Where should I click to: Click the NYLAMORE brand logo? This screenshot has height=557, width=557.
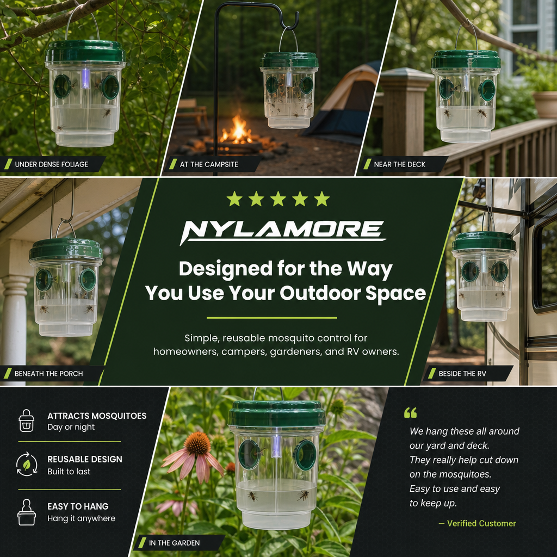pyautogui.click(x=283, y=232)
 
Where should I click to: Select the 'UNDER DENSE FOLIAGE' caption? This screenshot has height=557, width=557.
pyautogui.click(x=52, y=164)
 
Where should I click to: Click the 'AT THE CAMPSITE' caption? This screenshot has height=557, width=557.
pyautogui.click(x=209, y=164)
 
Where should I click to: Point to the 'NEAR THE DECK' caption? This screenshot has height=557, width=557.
pyautogui.click(x=400, y=164)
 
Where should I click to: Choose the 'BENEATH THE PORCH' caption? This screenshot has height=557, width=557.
pyautogui.click(x=48, y=374)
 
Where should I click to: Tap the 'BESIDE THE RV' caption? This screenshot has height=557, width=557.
pyautogui.click(x=462, y=374)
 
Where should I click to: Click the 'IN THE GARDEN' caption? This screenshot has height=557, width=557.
pyautogui.click(x=174, y=543)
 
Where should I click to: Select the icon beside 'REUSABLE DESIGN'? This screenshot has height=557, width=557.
pyautogui.click(x=27, y=464)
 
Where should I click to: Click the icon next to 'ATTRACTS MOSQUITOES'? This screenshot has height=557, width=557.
pyautogui.click(x=26, y=420)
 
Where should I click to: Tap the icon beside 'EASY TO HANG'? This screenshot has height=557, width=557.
pyautogui.click(x=26, y=512)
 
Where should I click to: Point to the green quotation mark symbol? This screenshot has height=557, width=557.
pyautogui.click(x=410, y=412)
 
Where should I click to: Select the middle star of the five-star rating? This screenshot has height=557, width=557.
pyautogui.click(x=278, y=199)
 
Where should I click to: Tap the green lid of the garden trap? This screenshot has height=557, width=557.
pyautogui.click(x=276, y=414)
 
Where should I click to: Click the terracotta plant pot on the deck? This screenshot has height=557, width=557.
pyautogui.click(x=545, y=104)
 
